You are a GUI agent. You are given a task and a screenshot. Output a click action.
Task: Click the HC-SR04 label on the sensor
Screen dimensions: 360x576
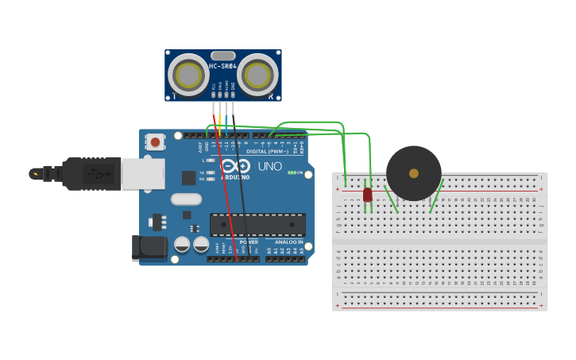pyautogui.click(x=223, y=67)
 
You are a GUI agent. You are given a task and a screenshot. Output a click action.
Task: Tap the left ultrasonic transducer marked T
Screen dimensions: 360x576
pyautogui.click(x=189, y=75)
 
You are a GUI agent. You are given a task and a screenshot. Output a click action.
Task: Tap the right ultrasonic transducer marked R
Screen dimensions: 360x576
pyautogui.click(x=257, y=75)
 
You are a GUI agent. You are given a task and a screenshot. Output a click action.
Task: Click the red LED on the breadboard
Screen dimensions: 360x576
pyautogui.click(x=367, y=194)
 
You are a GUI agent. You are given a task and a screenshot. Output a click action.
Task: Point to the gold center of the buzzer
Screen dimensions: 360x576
pyautogui.click(x=414, y=173)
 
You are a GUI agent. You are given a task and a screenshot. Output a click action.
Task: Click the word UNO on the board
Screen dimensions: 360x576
pyautogui.click(x=269, y=166)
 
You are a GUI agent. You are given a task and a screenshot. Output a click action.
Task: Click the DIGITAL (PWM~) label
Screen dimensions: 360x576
pyautogui.click(x=268, y=151)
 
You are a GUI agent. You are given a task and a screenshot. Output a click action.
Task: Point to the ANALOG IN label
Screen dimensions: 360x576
pyautogui.click(x=289, y=242)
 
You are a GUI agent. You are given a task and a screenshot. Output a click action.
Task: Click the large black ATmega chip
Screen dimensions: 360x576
pyautogui.click(x=257, y=224)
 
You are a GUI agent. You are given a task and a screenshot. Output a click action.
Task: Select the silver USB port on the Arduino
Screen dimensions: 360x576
pyautogui.click(x=144, y=174)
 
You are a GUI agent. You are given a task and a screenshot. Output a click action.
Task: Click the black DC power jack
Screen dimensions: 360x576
pyautogui.click(x=149, y=248)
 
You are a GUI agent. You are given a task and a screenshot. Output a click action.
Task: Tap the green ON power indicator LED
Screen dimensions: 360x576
pyautogui.click(x=292, y=172)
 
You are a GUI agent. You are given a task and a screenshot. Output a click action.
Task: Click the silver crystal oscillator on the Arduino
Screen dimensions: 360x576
pyautogui.click(x=187, y=199)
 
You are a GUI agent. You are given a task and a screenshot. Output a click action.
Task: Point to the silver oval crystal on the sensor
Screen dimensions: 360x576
pyautogui.click(x=223, y=56)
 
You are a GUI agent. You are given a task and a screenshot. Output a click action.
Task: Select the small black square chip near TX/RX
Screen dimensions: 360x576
pyautogui.click(x=188, y=178)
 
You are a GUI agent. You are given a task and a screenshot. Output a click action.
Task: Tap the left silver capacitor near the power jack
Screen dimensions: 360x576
pyautogui.click(x=182, y=245)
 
